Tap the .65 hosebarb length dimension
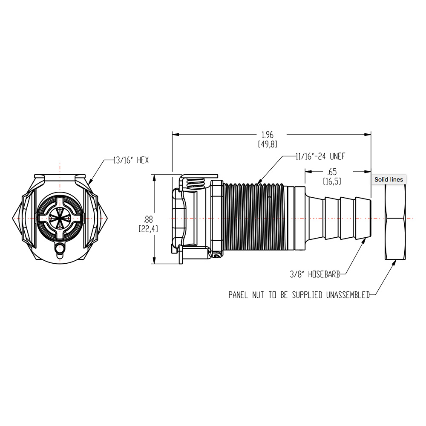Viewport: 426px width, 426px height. (x=331, y=172)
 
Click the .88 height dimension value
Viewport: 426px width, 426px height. (x=148, y=219)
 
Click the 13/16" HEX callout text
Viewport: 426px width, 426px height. (x=130, y=161)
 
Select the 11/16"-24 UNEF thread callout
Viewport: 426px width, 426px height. (x=320, y=156)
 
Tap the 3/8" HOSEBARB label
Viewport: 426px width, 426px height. (x=314, y=275)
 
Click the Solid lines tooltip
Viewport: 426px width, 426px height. (x=388, y=179)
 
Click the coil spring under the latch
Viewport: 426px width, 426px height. (x=198, y=184)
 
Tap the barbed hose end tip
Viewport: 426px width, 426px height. (x=366, y=218)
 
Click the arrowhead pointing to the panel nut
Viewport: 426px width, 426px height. (x=394, y=263)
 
